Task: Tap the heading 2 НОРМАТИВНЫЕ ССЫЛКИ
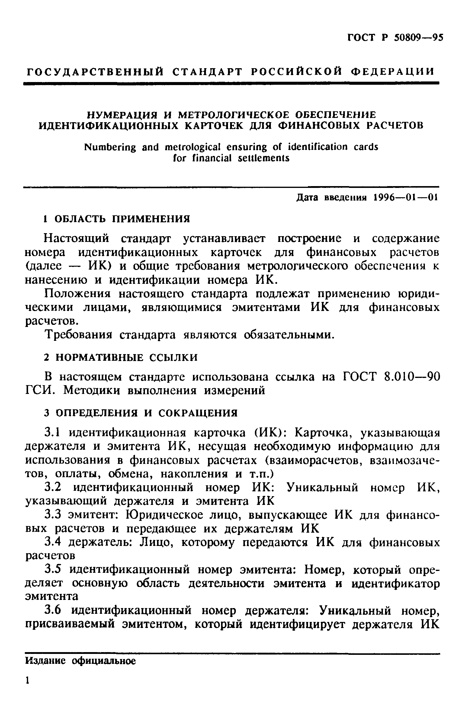(x=121, y=357)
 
